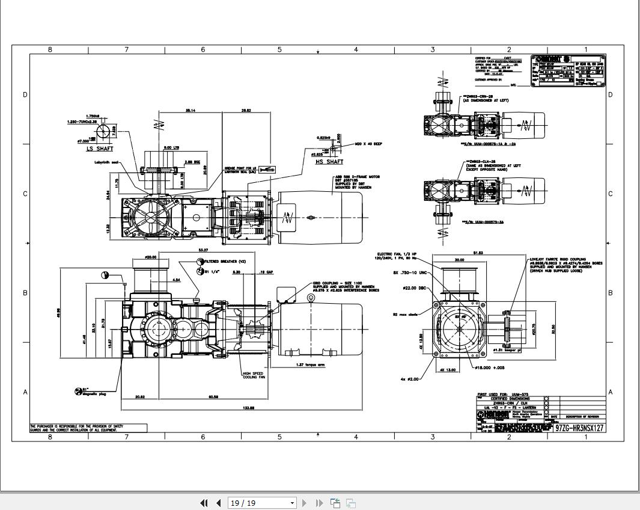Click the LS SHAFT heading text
pos(99,149)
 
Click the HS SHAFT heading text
pos(329,161)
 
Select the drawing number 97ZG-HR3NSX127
pos(579,428)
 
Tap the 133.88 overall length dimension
pos(248,408)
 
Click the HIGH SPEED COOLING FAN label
pos(253,375)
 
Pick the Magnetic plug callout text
pos(94,394)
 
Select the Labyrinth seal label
pos(106,162)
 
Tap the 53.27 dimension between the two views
pos(203,250)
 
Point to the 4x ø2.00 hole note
pos(410,379)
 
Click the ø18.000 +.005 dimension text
pos(490,367)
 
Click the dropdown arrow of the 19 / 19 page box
pos(292,503)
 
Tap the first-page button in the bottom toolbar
pos(204,503)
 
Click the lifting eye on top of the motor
pos(311,298)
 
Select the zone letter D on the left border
pos(25,94)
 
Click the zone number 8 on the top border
pos(50,50)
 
